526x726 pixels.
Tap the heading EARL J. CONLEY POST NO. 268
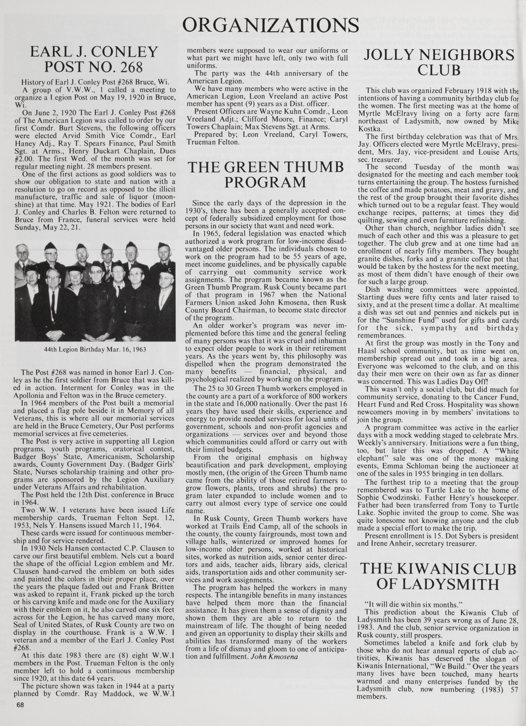tap(94, 59)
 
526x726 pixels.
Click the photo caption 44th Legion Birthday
tap(95, 349)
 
